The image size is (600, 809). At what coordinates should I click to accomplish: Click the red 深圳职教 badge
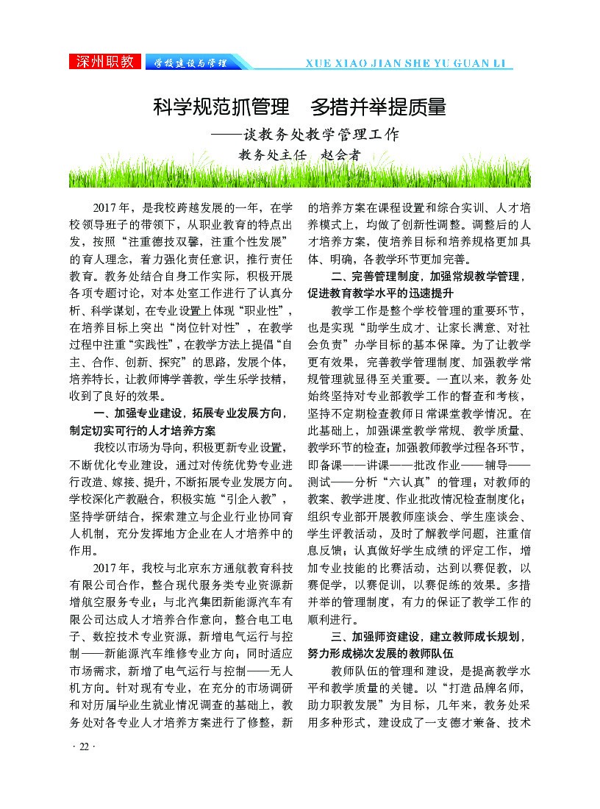click(106, 63)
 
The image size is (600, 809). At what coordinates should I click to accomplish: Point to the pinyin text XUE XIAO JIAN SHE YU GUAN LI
click(408, 63)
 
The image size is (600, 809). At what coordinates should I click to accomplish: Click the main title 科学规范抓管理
click(221, 107)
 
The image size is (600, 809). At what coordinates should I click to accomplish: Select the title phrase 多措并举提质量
click(379, 107)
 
